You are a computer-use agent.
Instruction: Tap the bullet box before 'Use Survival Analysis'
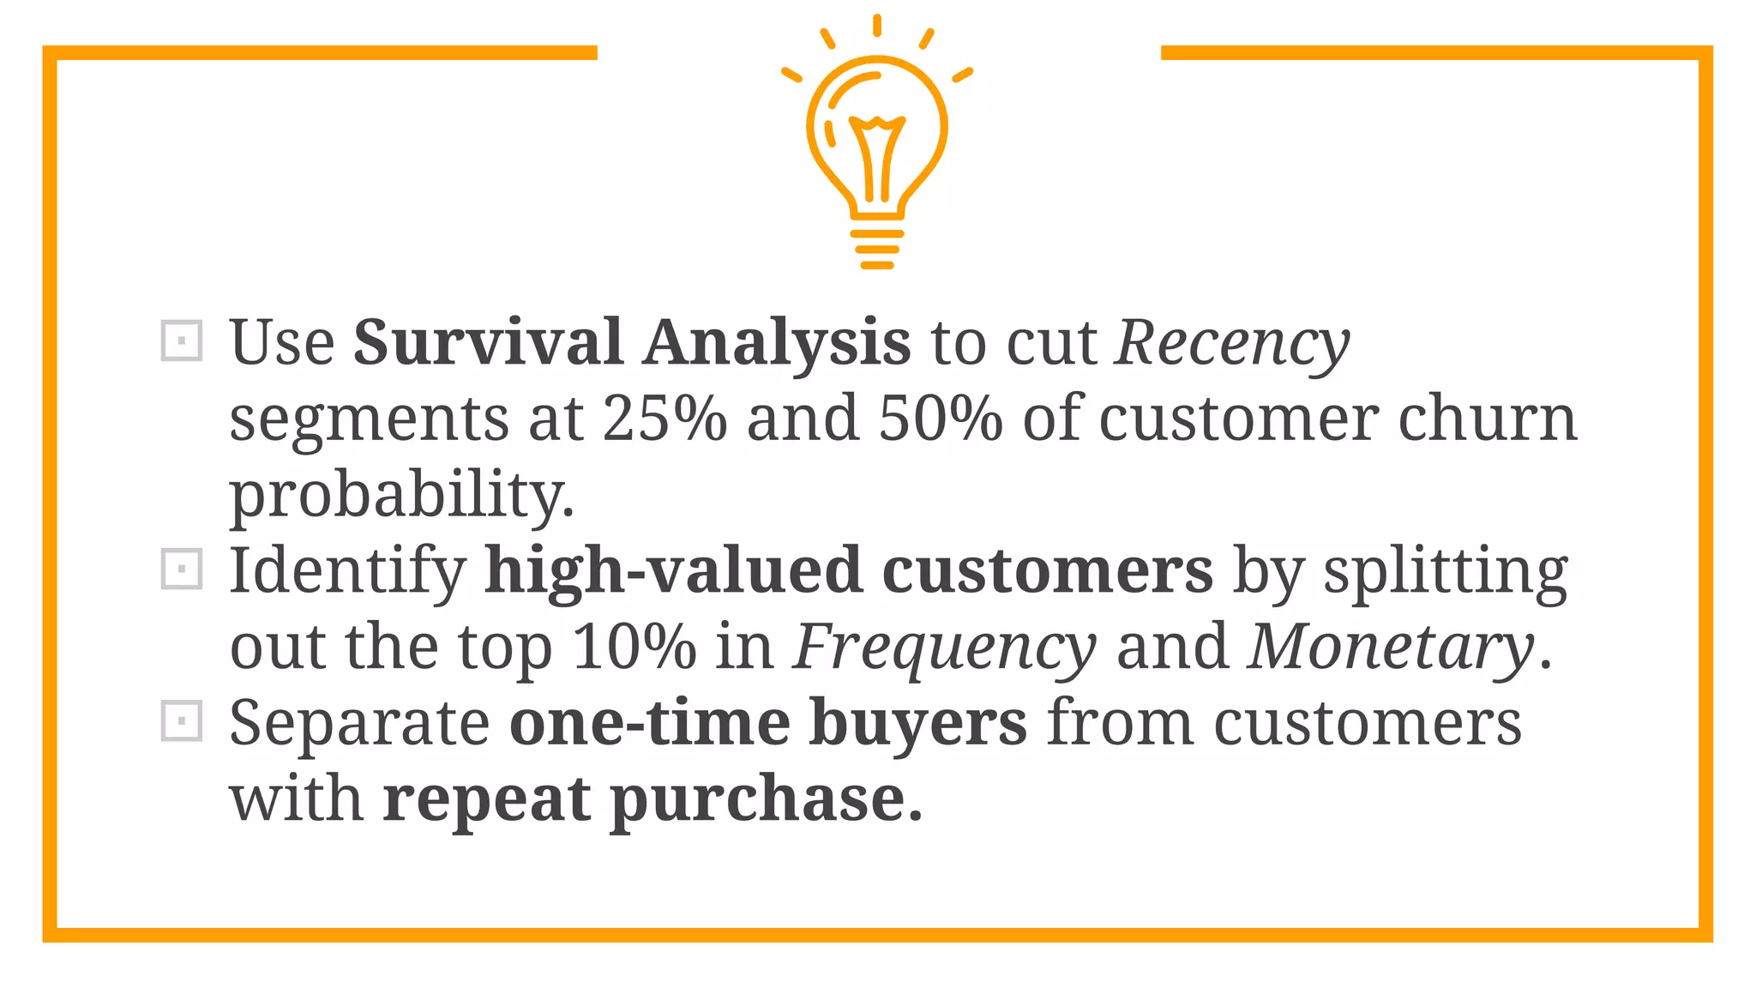(182, 341)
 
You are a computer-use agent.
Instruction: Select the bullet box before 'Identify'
(182, 569)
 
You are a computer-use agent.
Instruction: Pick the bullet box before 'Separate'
(182, 721)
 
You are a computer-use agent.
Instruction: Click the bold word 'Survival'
(488, 342)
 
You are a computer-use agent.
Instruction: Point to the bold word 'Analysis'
(777, 342)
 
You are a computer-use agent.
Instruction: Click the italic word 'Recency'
(1232, 344)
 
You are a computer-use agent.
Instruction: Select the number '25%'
(665, 419)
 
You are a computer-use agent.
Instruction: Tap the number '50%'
(941, 419)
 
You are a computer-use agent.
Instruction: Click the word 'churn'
(1488, 419)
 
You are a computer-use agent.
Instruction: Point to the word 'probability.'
(401, 496)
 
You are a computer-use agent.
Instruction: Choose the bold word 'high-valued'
(673, 571)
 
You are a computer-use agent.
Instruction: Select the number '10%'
(634, 647)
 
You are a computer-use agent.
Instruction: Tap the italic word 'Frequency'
(944, 648)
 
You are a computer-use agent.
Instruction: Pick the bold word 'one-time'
(649, 723)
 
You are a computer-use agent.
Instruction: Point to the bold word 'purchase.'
(766, 800)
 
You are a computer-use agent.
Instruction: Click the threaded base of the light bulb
(876, 249)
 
